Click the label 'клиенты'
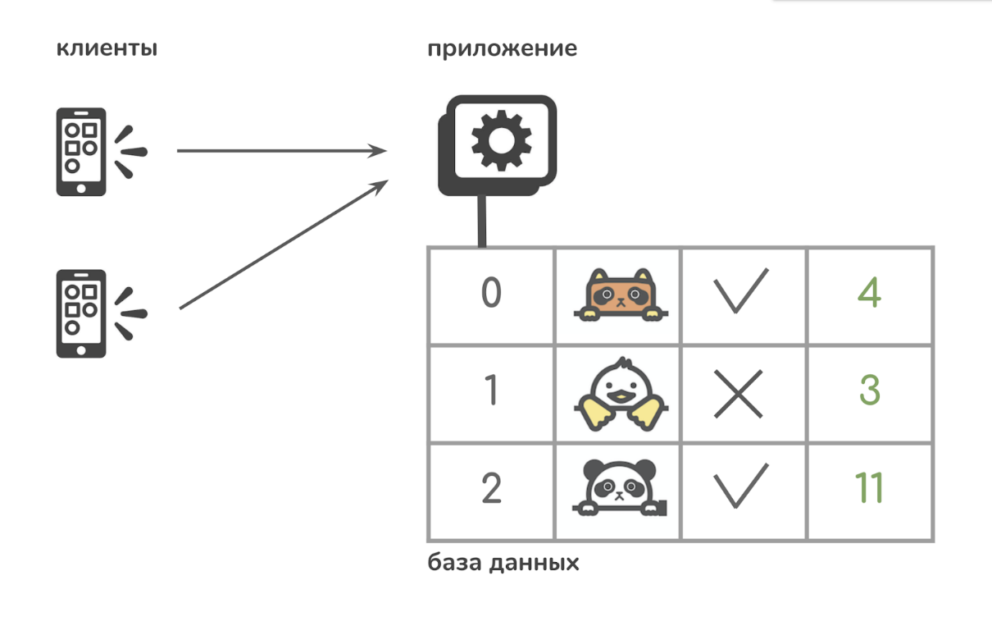pos(107,48)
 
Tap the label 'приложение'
pos(502,48)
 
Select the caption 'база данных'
pos(503,564)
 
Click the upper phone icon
pos(81,152)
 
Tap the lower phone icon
pos(81,313)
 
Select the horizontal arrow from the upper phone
pos(281,151)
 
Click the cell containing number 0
pos(491,294)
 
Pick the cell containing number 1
pos(491,391)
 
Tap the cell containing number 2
pos(491,489)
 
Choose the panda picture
pos(620,489)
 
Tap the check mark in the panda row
pos(740,487)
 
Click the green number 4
pos(869,293)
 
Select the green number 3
pos(870,391)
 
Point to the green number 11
pos(868,489)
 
